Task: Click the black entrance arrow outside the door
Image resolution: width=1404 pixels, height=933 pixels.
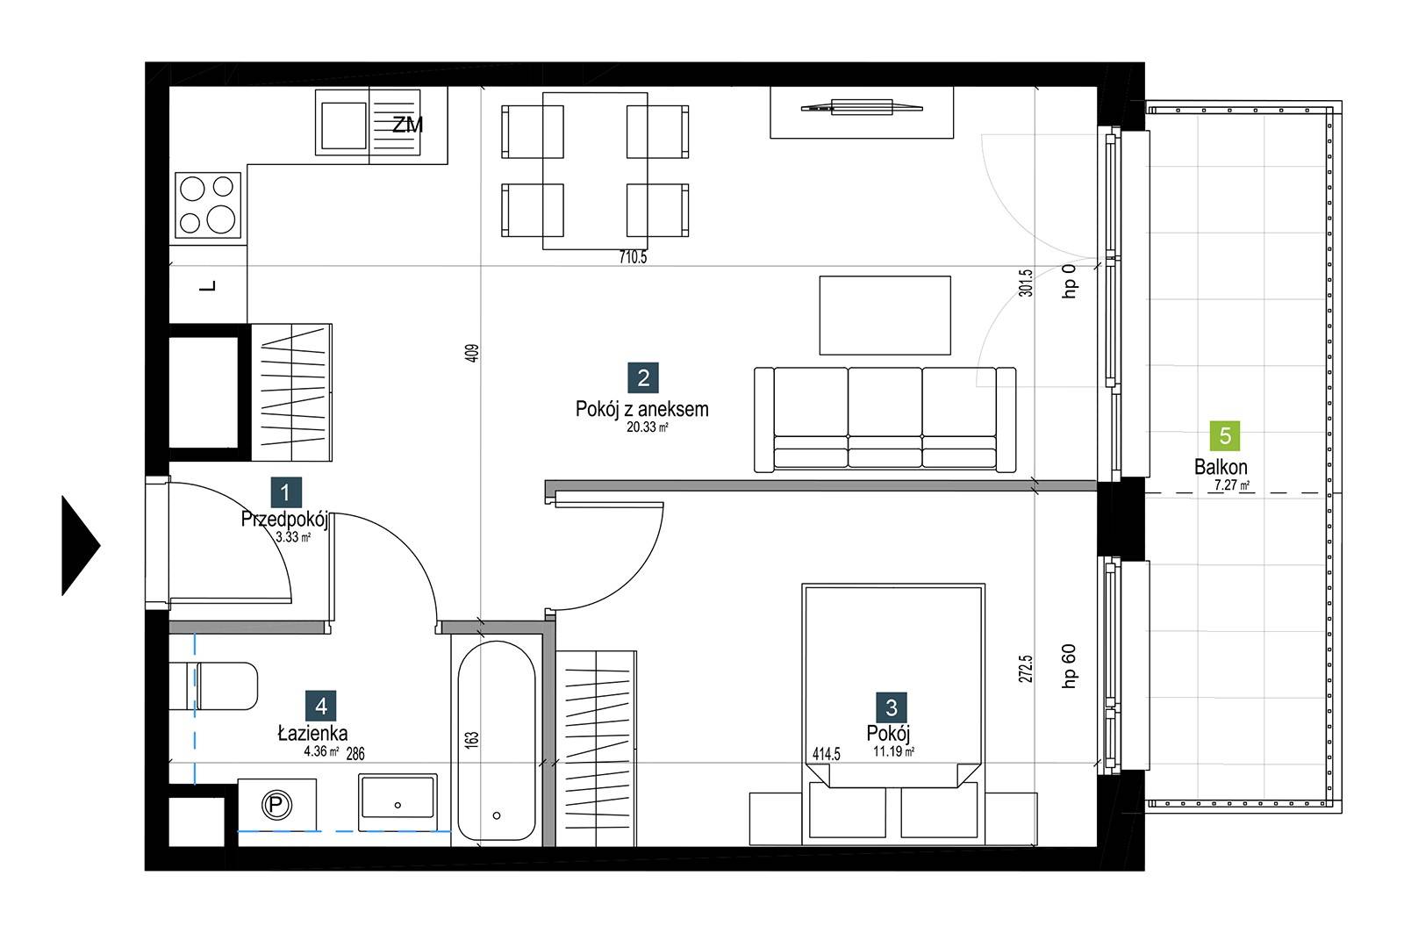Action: click(80, 546)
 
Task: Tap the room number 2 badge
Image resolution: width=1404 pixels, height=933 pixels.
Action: click(643, 377)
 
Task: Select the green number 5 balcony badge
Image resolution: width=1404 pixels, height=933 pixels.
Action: click(1225, 435)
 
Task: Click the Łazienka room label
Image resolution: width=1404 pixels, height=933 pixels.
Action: click(312, 733)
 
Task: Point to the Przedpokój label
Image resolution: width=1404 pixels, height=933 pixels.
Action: click(284, 520)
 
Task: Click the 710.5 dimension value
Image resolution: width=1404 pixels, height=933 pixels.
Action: click(633, 257)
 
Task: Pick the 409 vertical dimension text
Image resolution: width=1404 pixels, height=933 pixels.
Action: click(473, 353)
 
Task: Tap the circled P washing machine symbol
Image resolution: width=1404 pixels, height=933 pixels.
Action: click(276, 805)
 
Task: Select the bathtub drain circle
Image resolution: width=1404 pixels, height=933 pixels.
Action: click(497, 815)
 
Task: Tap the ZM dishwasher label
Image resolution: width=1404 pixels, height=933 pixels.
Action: click(407, 126)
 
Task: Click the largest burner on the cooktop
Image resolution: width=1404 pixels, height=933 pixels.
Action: click(220, 219)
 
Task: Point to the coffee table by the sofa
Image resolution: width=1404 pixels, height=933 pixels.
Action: click(885, 315)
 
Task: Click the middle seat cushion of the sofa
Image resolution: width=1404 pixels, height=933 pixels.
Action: click(885, 402)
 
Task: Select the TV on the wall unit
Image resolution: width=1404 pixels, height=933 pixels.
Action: click(862, 107)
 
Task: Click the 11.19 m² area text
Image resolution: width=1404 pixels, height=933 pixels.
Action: click(894, 752)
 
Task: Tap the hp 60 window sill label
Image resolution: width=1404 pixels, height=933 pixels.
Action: click(1070, 666)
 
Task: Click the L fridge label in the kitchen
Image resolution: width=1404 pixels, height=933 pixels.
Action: click(209, 286)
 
